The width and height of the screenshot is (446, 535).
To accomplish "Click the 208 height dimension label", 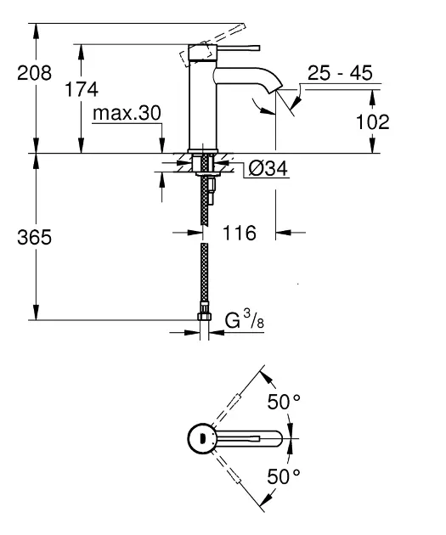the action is (34, 73).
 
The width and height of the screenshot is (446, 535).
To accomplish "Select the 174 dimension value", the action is (82, 89).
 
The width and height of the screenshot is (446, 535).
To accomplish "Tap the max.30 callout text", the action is (127, 113).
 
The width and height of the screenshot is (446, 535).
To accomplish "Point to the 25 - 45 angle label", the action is (340, 73).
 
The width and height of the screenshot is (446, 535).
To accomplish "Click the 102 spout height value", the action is (372, 121).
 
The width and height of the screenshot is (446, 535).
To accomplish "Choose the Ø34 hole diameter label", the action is (268, 168).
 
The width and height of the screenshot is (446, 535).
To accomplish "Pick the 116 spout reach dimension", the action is (240, 233).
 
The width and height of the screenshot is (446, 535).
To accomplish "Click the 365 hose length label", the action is (34, 237).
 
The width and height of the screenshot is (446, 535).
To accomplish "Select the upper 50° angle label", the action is (284, 401).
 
